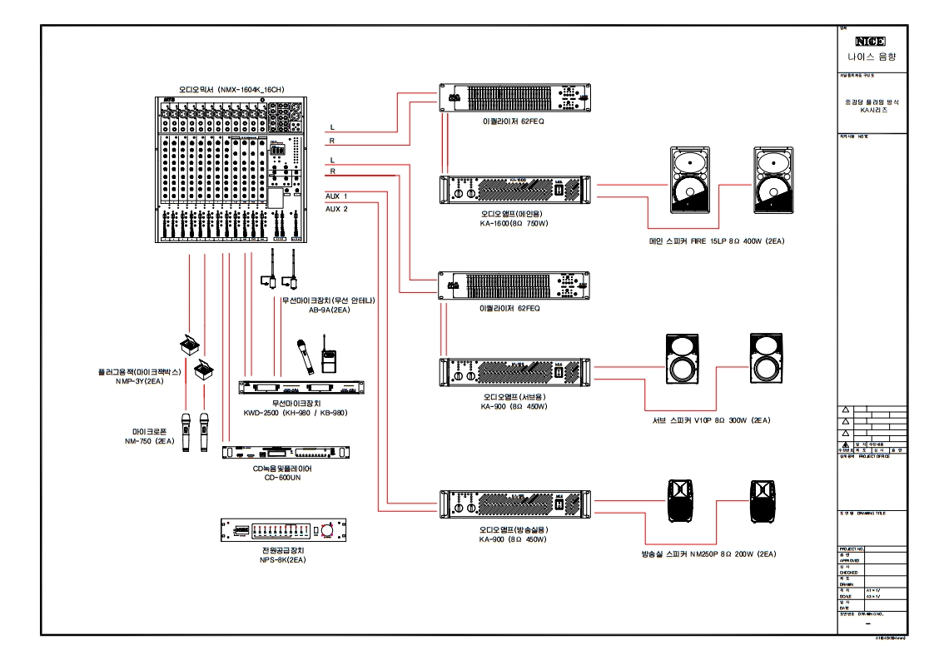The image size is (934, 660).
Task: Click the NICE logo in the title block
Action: (870, 42)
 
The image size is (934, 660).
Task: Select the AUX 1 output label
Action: (336, 196)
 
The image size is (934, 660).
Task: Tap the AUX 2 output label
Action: (336, 209)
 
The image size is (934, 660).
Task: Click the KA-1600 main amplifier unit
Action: (514, 189)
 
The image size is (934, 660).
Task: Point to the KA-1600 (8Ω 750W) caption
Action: (514, 223)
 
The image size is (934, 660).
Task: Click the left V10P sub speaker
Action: (686, 360)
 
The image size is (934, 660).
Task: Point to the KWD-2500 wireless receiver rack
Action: (301, 389)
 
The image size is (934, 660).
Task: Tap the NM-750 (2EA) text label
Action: (150, 441)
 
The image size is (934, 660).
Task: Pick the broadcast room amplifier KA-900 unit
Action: (514, 505)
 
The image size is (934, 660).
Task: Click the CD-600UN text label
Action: (281, 479)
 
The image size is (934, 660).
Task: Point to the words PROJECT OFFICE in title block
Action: (871, 456)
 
